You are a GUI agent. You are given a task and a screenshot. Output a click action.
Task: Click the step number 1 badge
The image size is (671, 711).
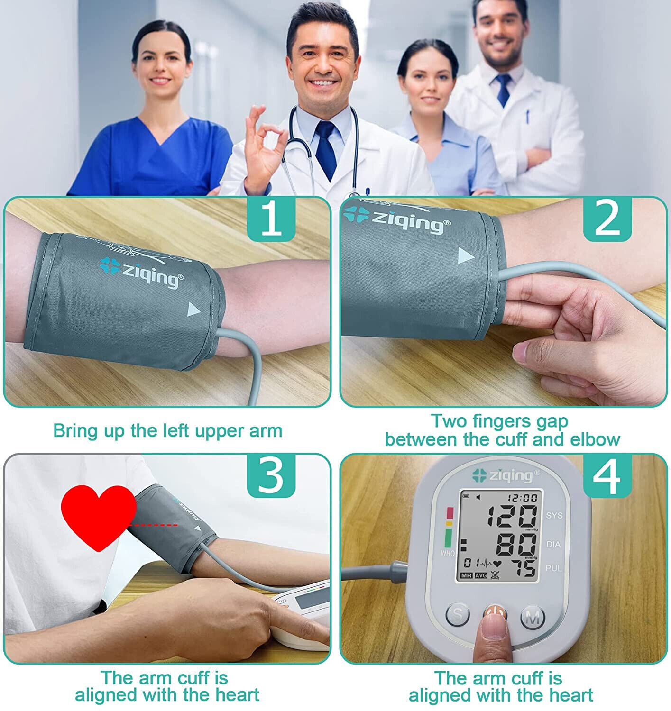click(x=271, y=219)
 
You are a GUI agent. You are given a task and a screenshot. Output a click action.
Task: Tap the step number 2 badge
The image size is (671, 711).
click(x=607, y=219)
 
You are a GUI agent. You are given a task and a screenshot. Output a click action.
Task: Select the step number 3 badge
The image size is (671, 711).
click(x=271, y=476)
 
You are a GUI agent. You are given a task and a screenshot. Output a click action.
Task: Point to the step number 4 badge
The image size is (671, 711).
click(x=607, y=476)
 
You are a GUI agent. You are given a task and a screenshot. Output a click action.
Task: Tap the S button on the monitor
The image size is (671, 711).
click(x=458, y=615)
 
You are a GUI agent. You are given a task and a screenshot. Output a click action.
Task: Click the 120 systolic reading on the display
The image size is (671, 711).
click(x=513, y=516)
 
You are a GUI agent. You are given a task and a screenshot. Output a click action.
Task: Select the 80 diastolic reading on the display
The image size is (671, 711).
click(x=516, y=545)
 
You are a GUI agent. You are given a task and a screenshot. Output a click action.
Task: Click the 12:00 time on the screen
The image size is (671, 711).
click(x=522, y=498)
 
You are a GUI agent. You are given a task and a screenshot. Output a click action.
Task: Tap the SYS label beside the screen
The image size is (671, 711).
click(x=554, y=516)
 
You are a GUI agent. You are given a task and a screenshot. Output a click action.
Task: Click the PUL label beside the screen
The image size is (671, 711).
click(x=554, y=568)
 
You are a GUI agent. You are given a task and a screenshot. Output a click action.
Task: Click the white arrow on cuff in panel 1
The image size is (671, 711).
click(x=194, y=310)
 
